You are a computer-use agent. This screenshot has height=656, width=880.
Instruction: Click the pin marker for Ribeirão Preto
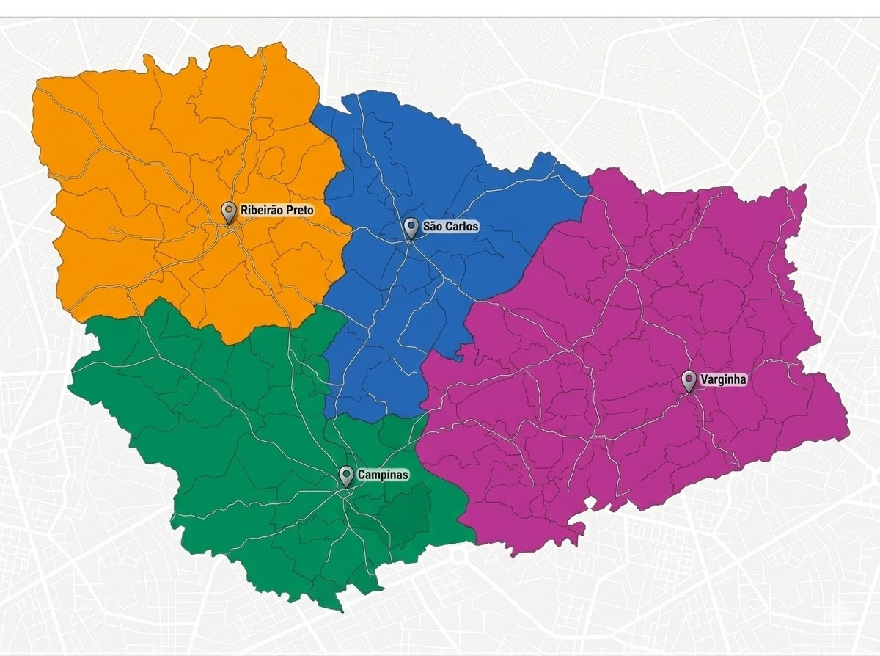229,212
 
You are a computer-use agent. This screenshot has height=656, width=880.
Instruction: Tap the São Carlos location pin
411,227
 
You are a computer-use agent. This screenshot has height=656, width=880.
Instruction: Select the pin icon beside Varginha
689,380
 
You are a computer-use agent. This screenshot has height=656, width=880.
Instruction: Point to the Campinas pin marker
346,475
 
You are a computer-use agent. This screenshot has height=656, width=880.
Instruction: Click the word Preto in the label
298,211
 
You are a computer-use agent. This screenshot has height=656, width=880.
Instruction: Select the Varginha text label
723,379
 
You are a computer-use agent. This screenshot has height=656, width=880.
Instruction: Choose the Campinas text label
383,475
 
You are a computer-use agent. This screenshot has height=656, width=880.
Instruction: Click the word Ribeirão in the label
260,211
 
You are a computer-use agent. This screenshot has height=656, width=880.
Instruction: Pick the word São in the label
432,227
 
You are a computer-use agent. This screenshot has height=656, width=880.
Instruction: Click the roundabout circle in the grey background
773,130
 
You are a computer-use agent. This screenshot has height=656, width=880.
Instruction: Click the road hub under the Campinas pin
345,493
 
